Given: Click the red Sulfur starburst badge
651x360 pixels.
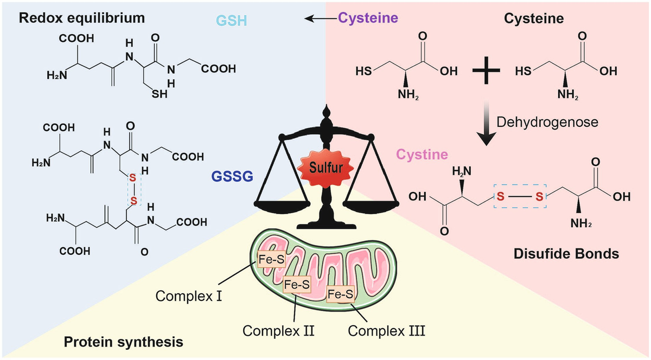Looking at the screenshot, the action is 325,168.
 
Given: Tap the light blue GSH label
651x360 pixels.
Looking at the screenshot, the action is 231,21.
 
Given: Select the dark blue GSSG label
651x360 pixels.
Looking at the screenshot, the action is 232,176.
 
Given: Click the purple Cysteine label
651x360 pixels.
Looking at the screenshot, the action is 368,18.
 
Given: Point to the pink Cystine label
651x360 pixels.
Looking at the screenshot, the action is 422,155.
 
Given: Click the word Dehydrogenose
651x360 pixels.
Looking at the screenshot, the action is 547,122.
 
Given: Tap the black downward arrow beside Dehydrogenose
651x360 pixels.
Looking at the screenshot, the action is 486,123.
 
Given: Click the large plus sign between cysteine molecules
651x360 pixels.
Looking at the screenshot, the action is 486,70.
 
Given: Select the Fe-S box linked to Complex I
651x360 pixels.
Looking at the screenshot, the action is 271,259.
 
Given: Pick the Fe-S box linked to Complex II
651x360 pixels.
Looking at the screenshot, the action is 297,285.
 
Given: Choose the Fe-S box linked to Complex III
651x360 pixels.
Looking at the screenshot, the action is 340,294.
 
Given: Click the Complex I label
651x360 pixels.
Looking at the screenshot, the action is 189,297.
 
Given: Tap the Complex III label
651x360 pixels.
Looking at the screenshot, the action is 386,331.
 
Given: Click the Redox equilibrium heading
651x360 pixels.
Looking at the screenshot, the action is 82,18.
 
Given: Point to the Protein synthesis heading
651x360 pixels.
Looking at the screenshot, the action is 124,342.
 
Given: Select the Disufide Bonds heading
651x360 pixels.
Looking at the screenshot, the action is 566,254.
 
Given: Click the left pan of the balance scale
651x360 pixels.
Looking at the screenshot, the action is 282,204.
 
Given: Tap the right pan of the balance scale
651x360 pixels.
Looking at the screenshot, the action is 371,204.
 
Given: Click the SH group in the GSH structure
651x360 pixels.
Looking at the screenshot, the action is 159,94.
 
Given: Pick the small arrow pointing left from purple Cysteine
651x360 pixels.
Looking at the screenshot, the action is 321,18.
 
